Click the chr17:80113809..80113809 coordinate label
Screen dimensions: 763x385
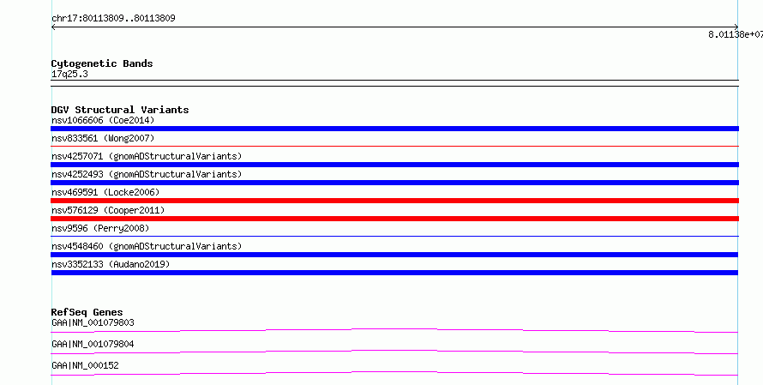pyautogui.click(x=113, y=19)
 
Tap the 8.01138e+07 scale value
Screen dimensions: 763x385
pyautogui.click(x=736, y=34)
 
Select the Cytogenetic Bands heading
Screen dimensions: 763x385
pyautogui.click(x=102, y=63)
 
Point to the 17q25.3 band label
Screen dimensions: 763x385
pyautogui.click(x=69, y=74)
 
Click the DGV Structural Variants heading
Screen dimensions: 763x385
pyautogui.click(x=120, y=110)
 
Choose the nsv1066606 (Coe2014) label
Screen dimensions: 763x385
pyautogui.click(x=103, y=120)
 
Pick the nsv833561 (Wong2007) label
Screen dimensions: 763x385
pyautogui.click(x=103, y=138)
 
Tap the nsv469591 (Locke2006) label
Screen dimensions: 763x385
pyautogui.click(x=105, y=192)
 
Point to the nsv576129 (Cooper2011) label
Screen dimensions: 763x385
pyautogui.click(x=108, y=210)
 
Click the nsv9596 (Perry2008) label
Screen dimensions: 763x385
pyautogui.click(x=100, y=228)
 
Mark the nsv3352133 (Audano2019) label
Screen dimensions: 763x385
pyautogui.click(x=111, y=264)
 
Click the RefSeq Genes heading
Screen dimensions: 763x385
pyautogui.click(x=87, y=312)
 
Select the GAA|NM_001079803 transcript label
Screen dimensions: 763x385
pyautogui.click(x=93, y=322)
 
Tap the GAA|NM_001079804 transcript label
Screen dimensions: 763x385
pyautogui.click(x=93, y=344)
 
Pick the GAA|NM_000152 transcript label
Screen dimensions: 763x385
pyautogui.click(x=85, y=365)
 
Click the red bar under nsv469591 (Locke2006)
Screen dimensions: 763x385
pyautogui.click(x=394, y=201)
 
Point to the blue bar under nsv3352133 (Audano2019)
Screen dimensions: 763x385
pyautogui.click(x=394, y=273)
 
